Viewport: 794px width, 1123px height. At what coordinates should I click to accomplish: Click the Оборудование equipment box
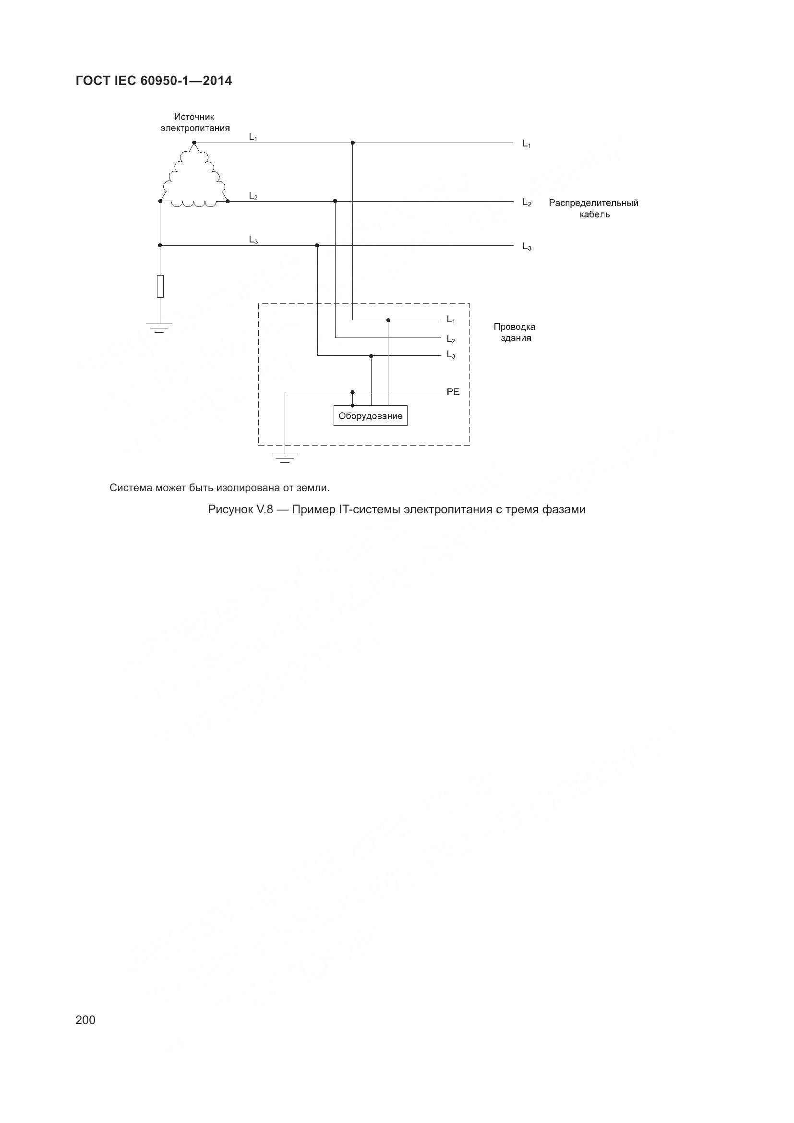coord(370,416)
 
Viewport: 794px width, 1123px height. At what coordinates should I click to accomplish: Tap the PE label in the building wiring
coord(453,392)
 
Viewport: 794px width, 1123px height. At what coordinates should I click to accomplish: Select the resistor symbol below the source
coord(160,286)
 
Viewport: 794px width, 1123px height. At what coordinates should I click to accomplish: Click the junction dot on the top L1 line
coord(352,143)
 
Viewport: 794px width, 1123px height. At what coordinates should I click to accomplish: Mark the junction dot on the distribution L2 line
coord(335,201)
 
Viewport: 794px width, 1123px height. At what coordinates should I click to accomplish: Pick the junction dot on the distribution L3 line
coord(317,245)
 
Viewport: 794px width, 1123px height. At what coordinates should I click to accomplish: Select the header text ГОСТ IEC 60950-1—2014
coord(154,81)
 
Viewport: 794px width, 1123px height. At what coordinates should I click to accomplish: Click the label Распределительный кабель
coord(593,208)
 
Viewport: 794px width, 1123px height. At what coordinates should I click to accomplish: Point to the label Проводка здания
coord(514,332)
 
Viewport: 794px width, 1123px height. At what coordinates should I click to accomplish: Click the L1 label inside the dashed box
coord(451,320)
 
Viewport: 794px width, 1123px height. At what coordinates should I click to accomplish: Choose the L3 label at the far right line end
coord(527,246)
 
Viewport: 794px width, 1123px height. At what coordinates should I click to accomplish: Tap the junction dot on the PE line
coord(352,392)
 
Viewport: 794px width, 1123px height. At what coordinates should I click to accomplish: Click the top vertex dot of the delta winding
coord(194,143)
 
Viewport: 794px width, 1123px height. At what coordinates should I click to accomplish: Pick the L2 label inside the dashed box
coord(451,339)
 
